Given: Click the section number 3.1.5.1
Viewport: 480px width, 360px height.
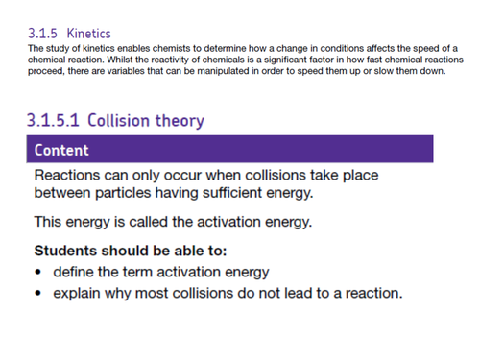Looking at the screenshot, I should tap(56, 121).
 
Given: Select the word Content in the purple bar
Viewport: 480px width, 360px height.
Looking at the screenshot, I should tap(61, 150).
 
